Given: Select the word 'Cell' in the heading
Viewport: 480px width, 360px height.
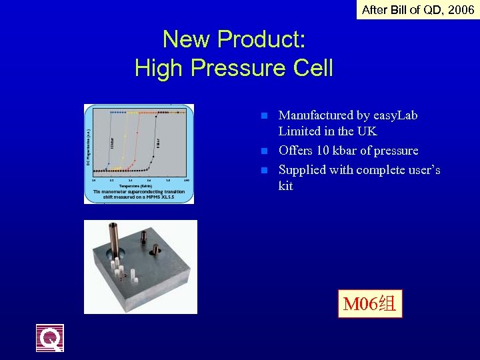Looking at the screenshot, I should [x=311, y=68].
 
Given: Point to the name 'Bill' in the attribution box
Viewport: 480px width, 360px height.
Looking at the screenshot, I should [x=401, y=9].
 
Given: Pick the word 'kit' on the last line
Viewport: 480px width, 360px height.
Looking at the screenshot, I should [x=285, y=186].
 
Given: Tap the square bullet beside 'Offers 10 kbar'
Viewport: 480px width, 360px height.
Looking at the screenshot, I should [x=263, y=151].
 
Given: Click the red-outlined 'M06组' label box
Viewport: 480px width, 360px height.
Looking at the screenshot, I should [x=370, y=305].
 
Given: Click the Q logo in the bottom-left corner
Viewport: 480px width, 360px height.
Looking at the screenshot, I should [x=50, y=338].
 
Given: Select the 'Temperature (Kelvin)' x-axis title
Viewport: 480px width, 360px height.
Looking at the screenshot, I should [x=137, y=185].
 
